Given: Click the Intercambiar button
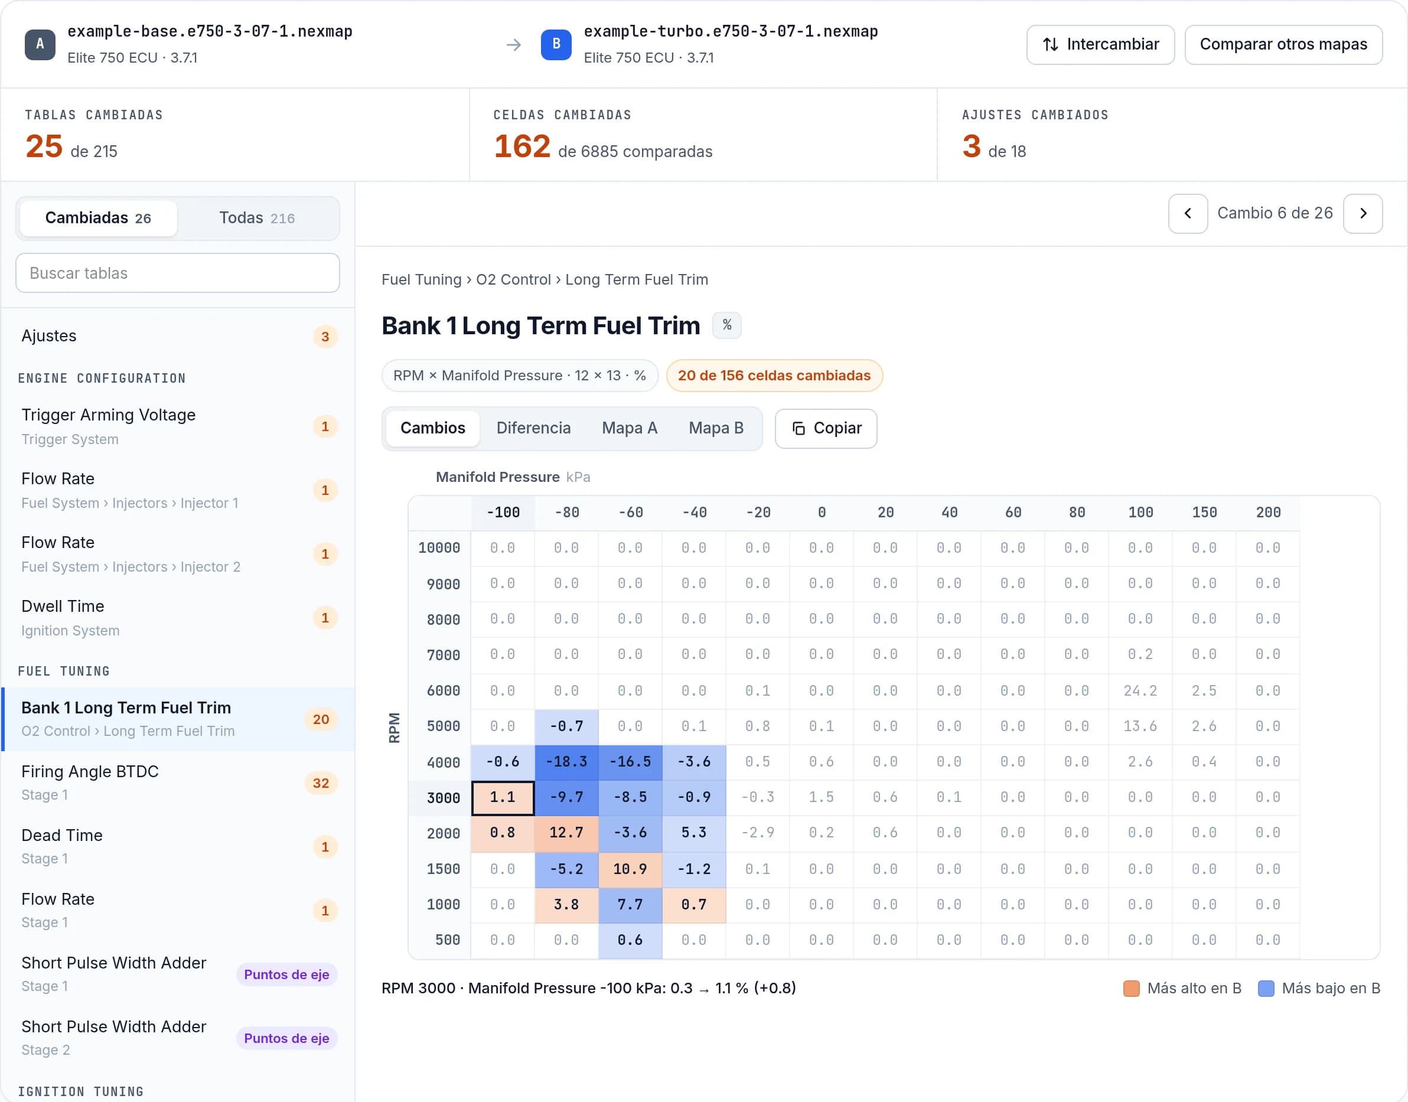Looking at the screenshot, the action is pyautogui.click(x=1100, y=44).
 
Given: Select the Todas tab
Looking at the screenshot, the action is pyautogui.click(x=257, y=218).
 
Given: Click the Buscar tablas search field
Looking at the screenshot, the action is pyautogui.click(x=177, y=273).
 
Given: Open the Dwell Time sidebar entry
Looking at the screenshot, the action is pyautogui.click(x=177, y=618).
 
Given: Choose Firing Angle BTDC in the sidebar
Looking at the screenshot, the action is pyautogui.click(x=177, y=783).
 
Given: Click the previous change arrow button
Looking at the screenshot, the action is pyautogui.click(x=1187, y=214).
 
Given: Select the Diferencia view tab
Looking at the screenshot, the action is pyautogui.click(x=533, y=428).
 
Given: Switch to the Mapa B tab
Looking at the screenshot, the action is pyautogui.click(x=716, y=428).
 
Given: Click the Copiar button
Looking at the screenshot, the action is pyautogui.click(x=826, y=428).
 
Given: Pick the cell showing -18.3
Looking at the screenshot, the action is pyautogui.click(x=566, y=762).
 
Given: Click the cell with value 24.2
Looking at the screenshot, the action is pyautogui.click(x=1140, y=690).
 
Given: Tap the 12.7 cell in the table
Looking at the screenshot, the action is pyautogui.click(x=566, y=833).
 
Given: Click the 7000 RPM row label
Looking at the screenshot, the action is pyautogui.click(x=444, y=656).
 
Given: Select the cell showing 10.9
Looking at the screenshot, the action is pyautogui.click(x=630, y=869).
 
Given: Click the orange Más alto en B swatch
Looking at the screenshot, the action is pyautogui.click(x=1131, y=989).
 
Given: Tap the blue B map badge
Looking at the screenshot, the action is pyautogui.click(x=556, y=44).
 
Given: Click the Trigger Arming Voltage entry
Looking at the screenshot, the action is pyautogui.click(x=177, y=426).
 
